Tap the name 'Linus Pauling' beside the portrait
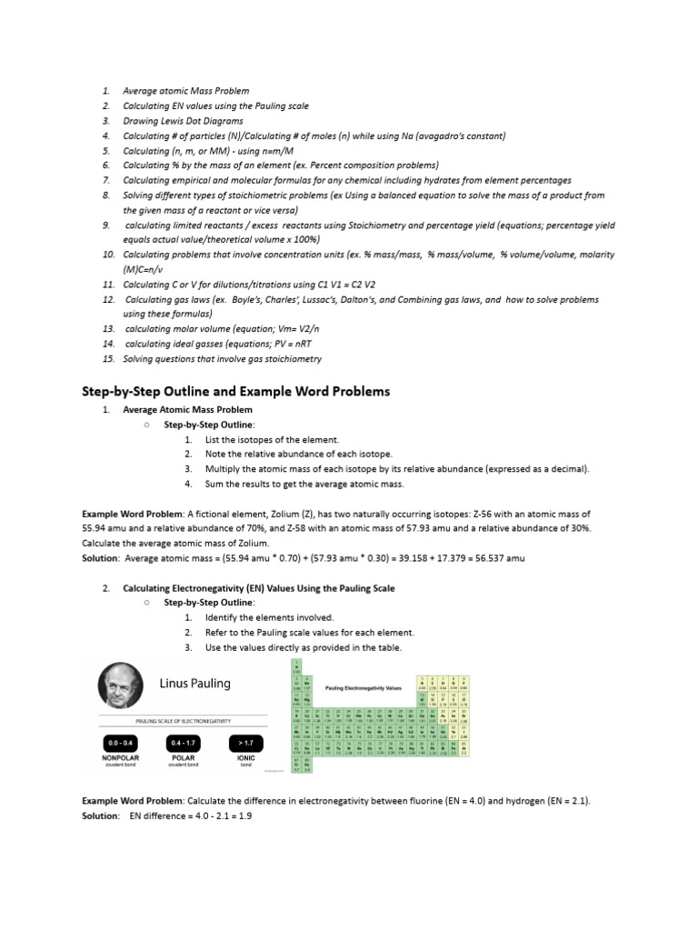tap(195, 683)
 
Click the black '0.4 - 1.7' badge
tap(183, 743)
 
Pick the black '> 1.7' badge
tap(246, 743)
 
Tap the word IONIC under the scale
tap(246, 756)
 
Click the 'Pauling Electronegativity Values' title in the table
tap(363, 688)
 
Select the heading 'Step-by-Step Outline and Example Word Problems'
tap(236, 391)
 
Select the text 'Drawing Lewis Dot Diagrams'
tap(184, 121)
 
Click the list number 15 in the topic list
tap(107, 359)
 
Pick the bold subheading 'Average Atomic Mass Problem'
tap(188, 410)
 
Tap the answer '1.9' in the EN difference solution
tap(244, 816)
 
